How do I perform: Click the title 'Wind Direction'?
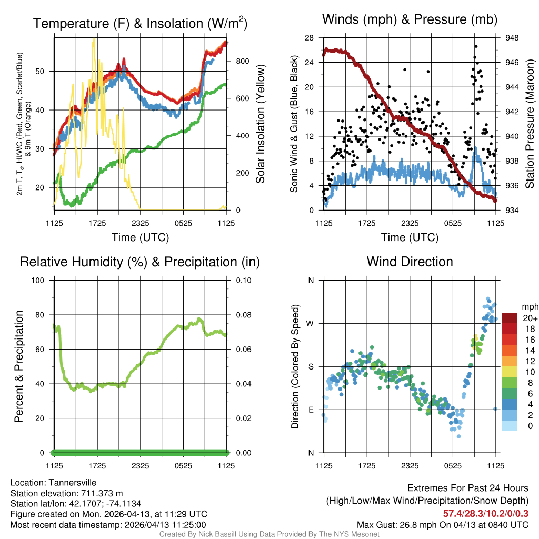410,262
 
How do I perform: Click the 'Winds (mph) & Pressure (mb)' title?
410,19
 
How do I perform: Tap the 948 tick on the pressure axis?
512,38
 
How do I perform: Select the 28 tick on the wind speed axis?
309,38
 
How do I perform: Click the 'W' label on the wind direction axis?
311,323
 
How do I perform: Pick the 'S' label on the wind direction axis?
311,366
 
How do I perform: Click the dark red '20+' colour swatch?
510,318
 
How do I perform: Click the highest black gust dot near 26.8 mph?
475,46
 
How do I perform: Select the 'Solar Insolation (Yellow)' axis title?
261,124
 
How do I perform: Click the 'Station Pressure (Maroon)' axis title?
530,124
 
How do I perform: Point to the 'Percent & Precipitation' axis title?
18,366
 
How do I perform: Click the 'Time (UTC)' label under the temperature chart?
140,237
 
